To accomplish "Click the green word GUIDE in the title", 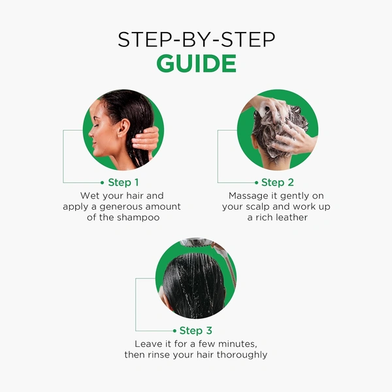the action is (x=196, y=63).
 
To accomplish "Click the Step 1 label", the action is (x=123, y=182).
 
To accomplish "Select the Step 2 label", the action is (x=278, y=182).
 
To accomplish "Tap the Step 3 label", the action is (x=196, y=331).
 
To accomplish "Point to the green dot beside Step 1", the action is (x=102, y=183).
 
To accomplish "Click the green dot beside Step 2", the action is (x=256, y=183).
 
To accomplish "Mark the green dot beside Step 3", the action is (x=174, y=331).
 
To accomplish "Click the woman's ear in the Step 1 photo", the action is (x=124, y=127).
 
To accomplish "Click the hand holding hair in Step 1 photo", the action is (x=146, y=140).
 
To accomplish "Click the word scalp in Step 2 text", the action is (x=258, y=207).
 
